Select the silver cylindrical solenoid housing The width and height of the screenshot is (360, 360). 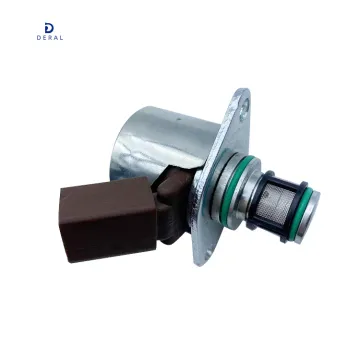165,145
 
